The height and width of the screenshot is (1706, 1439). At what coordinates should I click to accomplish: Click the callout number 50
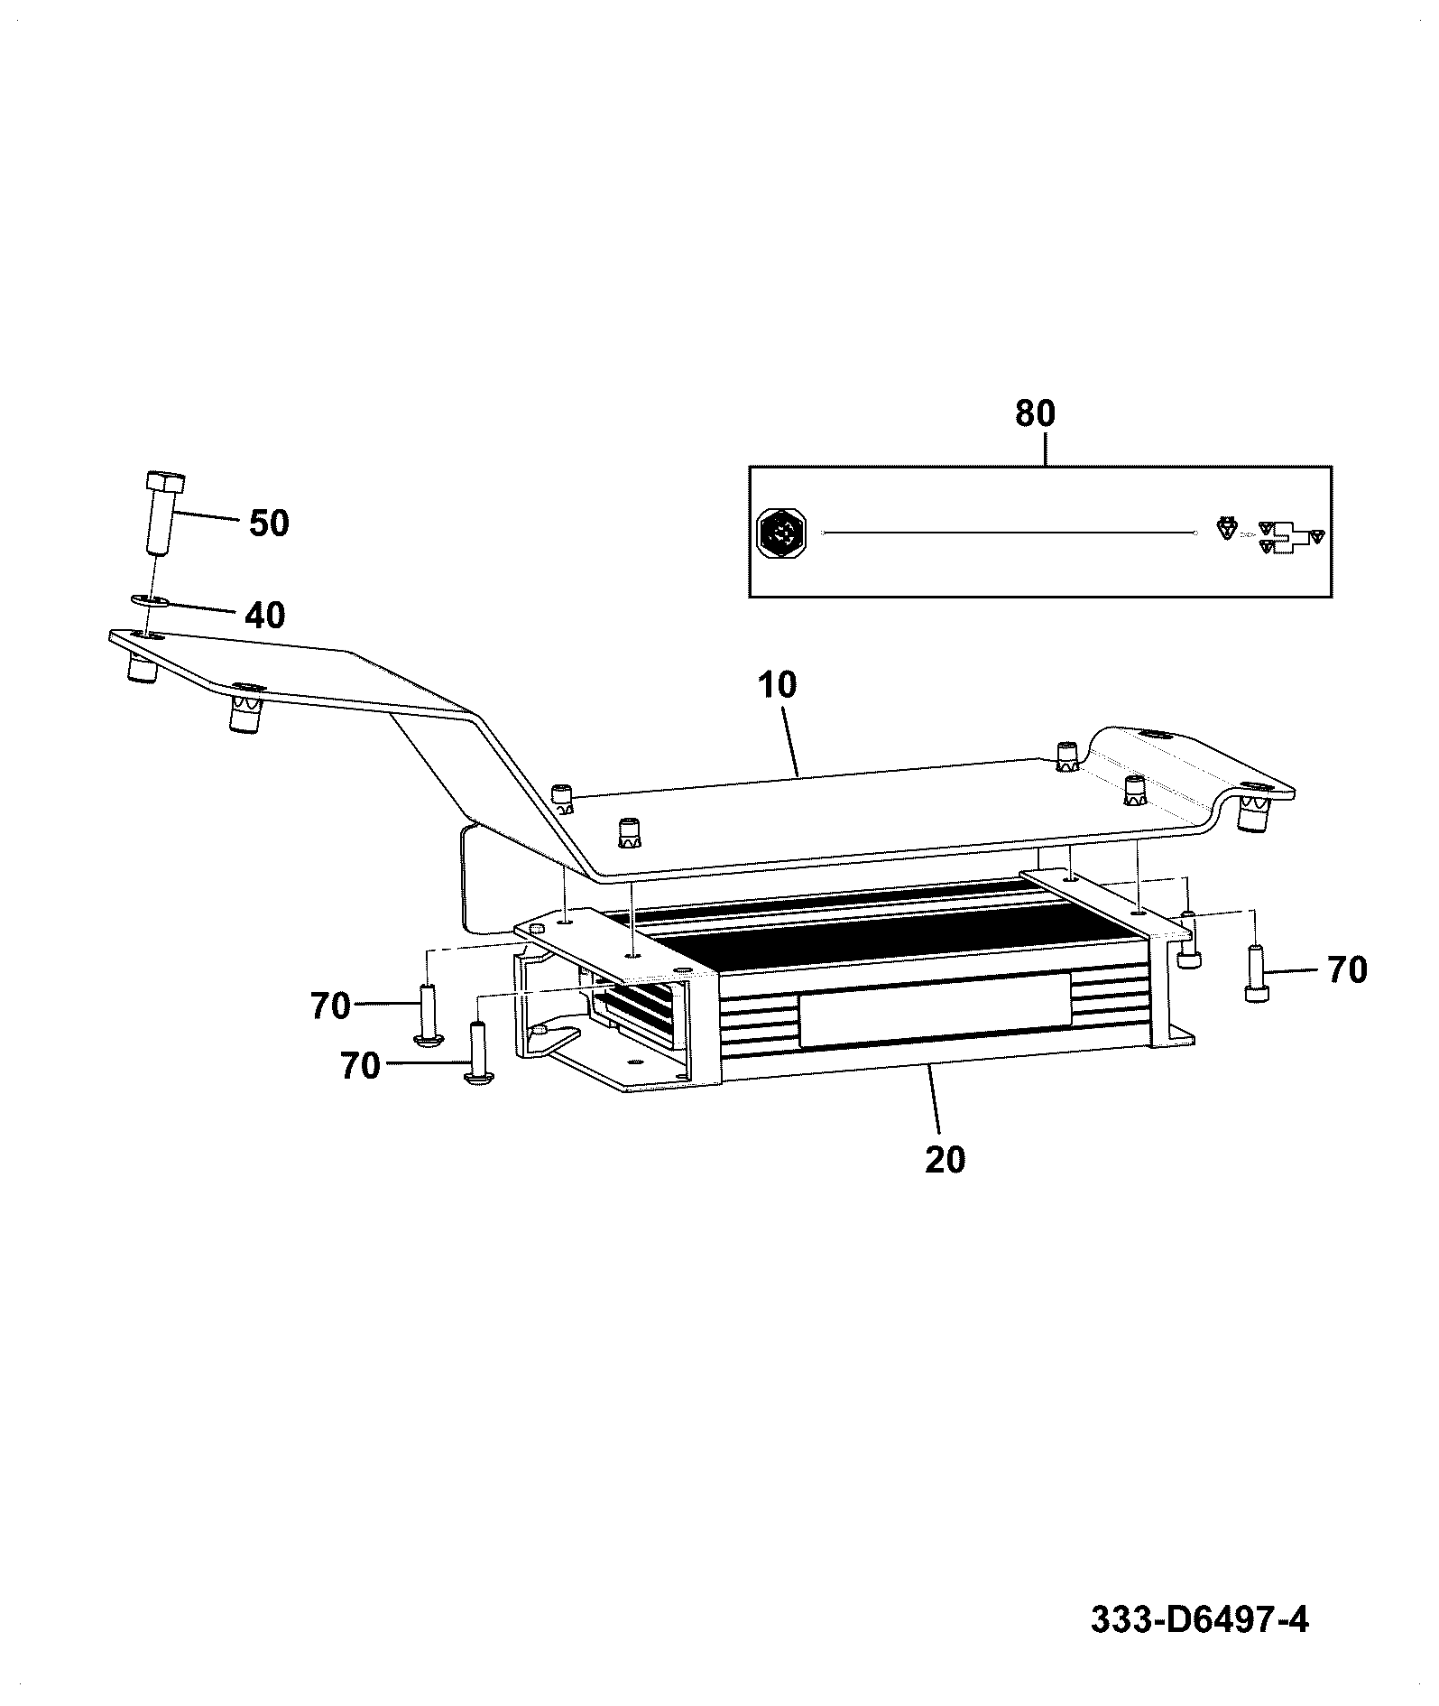269,523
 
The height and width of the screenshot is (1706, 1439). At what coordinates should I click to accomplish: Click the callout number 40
264,616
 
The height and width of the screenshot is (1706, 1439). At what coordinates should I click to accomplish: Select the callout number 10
778,685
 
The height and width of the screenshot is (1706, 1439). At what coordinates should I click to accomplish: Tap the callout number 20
945,1159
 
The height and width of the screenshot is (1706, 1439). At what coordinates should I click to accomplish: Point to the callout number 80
1035,413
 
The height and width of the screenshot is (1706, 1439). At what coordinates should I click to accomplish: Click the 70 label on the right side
1347,970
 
